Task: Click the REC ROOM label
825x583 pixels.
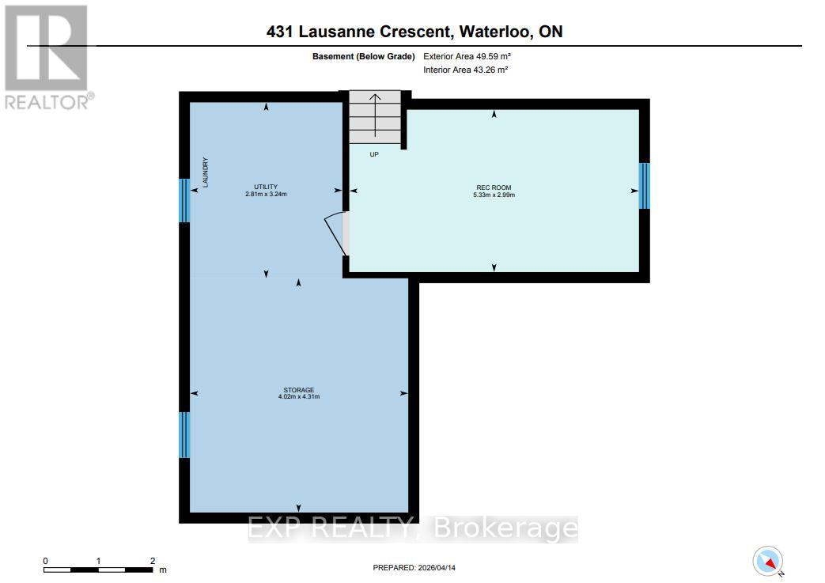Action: (494, 187)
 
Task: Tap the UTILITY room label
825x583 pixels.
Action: (265, 186)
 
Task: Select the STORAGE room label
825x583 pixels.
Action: (299, 390)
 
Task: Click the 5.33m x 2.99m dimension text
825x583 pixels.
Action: (494, 195)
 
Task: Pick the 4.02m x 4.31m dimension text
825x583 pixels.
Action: (299, 397)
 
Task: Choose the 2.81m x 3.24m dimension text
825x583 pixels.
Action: (265, 194)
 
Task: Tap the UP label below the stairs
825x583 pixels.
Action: (374, 154)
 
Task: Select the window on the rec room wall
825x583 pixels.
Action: (644, 186)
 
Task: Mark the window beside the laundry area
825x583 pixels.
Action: (184, 201)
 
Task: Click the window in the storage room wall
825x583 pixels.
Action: (184, 434)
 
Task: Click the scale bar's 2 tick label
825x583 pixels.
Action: (152, 561)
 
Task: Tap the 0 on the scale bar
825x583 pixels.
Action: (46, 561)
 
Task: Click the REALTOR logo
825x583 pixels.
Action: (48, 56)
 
